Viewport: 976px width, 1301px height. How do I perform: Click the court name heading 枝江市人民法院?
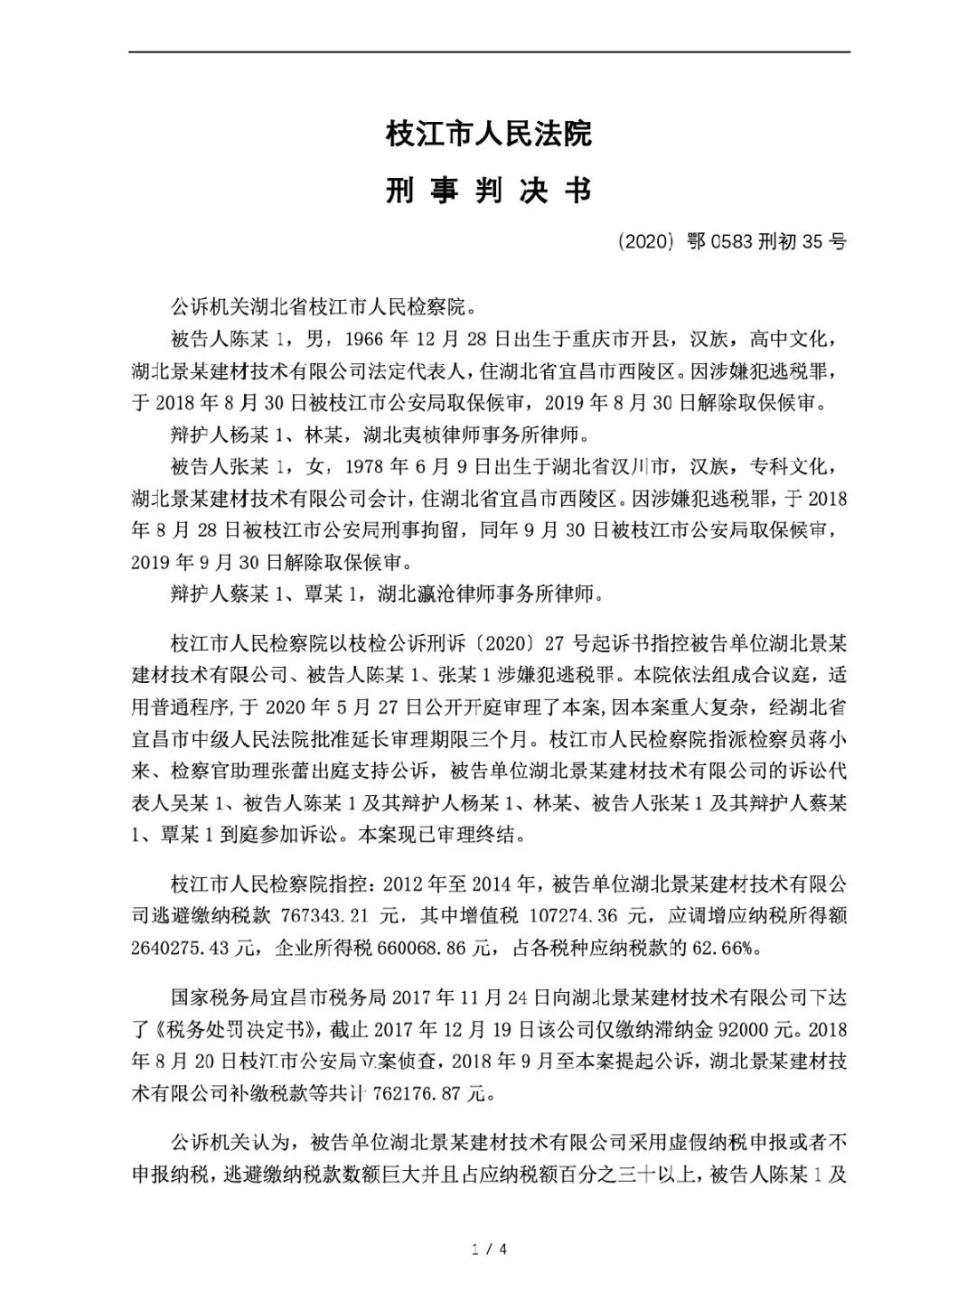tap(488, 135)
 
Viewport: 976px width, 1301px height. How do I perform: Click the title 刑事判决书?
tap(488, 191)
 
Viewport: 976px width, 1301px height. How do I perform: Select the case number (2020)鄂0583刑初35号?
tap(733, 242)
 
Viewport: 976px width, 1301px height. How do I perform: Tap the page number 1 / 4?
tap(489, 1250)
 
